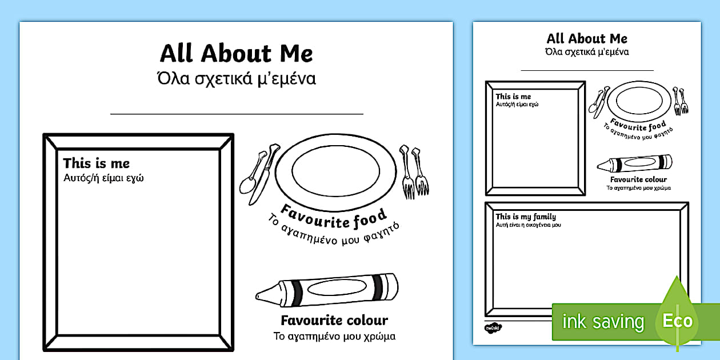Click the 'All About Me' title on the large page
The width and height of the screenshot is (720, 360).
tap(236, 53)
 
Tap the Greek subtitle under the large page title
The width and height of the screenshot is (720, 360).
tap(237, 79)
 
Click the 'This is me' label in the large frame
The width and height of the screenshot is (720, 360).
tap(97, 163)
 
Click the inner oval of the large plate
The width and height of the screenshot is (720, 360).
tap(335, 171)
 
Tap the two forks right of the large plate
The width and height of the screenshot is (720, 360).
tap(414, 172)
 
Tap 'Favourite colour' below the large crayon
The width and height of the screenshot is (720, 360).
tap(334, 321)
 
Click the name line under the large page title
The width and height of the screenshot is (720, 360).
tap(237, 114)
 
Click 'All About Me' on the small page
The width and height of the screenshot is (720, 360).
tap(587, 39)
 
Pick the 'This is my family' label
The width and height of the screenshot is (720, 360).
tap(526, 217)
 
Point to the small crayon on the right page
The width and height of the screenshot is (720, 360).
tap(634, 163)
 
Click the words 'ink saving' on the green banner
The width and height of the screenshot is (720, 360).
tap(603, 321)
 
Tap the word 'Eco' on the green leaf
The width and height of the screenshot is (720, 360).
tap(678, 321)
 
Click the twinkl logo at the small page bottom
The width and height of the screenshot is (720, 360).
tap(493, 328)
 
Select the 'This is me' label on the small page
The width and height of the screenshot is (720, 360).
tap(513, 97)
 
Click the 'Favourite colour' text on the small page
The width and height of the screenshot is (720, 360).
tap(638, 179)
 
